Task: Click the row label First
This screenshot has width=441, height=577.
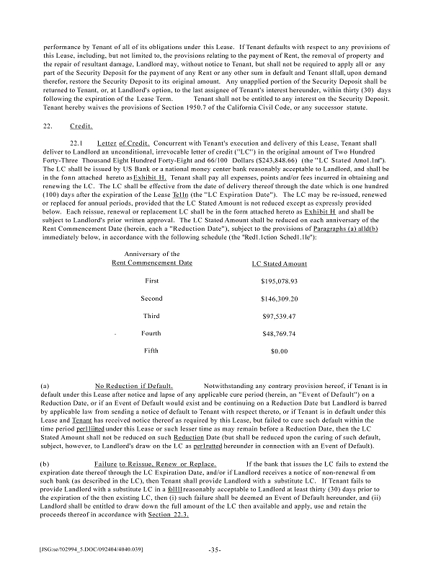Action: click(x=151, y=280)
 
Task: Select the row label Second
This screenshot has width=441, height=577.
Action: click(x=151, y=298)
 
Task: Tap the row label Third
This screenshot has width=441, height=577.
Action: click(x=151, y=315)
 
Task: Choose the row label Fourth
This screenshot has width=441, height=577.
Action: click(x=151, y=333)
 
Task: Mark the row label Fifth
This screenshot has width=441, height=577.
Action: click(x=151, y=351)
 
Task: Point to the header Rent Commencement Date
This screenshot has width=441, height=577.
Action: click(x=152, y=263)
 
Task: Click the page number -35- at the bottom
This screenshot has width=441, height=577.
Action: click(x=213, y=550)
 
